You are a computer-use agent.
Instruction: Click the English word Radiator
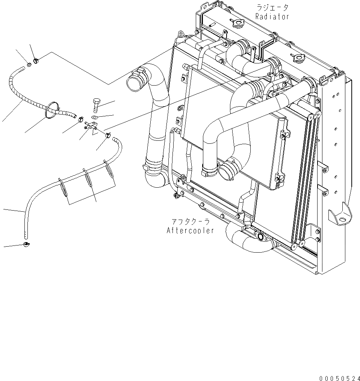click(x=272, y=17)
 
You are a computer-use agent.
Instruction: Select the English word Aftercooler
click(x=190, y=230)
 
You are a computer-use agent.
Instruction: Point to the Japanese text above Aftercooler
click(x=190, y=222)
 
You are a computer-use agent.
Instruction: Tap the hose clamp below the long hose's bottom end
click(x=26, y=245)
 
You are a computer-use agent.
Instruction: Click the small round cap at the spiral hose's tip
click(x=29, y=66)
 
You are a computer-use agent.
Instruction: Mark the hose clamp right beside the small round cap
click(x=36, y=60)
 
